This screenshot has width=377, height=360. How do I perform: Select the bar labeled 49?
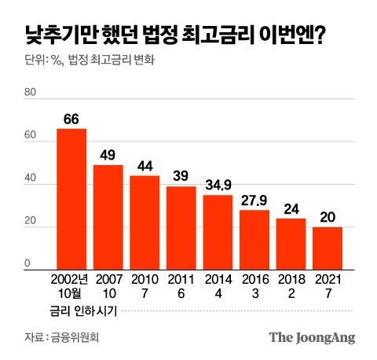coord(108,216)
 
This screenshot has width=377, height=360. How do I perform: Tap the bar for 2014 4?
coord(218,231)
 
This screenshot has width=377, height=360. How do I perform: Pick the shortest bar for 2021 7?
coord(328,248)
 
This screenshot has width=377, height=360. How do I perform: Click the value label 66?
coord(71,119)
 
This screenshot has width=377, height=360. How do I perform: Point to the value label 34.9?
coord(218,186)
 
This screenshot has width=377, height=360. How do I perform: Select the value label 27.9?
coord(254,200)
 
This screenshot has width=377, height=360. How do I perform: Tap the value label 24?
coord(291,209)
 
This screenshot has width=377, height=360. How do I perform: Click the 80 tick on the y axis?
coord(31,92)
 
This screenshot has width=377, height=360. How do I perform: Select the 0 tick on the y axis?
coord(27,263)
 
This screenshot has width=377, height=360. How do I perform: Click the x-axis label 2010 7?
coord(145,285)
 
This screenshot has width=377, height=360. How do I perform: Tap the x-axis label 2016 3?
coord(254,285)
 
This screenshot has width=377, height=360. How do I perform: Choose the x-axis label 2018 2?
coord(291,285)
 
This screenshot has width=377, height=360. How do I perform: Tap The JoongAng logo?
coord(312,337)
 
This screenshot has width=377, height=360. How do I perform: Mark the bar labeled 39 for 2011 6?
coord(181,226)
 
